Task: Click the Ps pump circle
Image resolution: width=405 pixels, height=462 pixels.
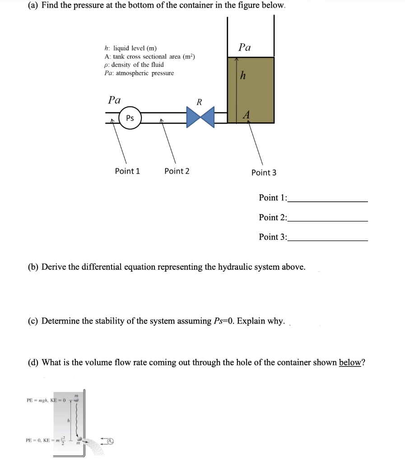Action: click(130, 118)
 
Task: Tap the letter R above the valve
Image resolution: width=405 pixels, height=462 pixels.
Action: click(199, 102)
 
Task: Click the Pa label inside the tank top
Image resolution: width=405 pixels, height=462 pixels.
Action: click(244, 47)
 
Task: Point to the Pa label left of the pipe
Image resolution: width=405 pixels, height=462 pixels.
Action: click(114, 100)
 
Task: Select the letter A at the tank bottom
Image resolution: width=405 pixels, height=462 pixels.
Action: click(246, 115)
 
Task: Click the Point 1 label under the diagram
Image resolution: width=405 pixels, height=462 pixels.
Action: click(127, 171)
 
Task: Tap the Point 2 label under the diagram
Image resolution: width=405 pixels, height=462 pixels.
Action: click(177, 171)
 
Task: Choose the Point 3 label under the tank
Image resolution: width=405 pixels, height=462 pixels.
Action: click(264, 172)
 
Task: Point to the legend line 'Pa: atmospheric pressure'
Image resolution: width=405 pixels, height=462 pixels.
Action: click(139, 73)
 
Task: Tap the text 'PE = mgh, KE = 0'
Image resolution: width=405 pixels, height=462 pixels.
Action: click(47, 400)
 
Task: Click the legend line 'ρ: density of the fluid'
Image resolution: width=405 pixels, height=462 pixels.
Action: click(134, 65)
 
